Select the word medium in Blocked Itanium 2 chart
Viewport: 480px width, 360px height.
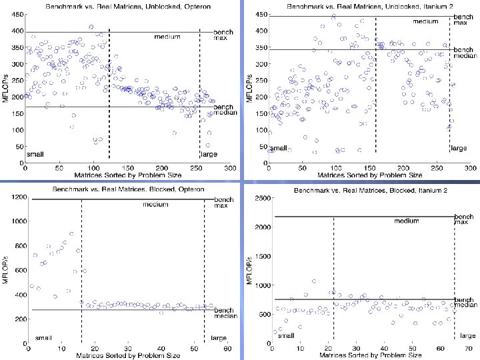[407, 221]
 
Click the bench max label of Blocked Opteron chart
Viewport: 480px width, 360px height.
[223, 201]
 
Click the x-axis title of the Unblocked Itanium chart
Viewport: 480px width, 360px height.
[369, 175]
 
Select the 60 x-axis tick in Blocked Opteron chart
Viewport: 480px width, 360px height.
[227, 348]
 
